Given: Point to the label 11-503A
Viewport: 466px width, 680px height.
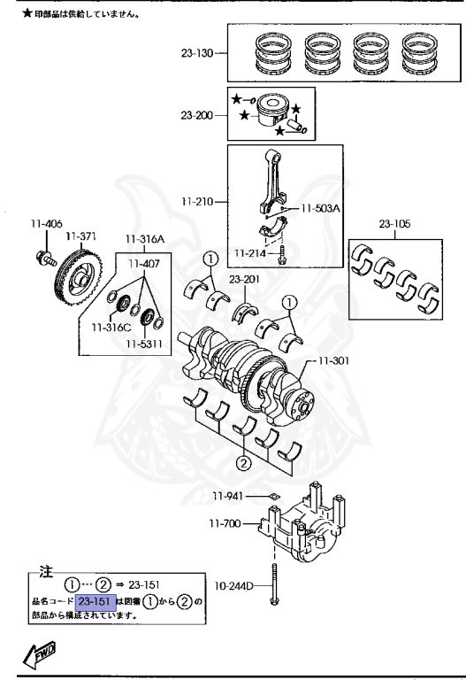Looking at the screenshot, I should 320,209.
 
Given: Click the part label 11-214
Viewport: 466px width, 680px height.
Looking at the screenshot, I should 250,253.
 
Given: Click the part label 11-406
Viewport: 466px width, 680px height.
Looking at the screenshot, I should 45,225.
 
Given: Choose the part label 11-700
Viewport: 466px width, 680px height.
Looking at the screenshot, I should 226,524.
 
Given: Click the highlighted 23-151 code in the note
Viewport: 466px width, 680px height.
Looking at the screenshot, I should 95,602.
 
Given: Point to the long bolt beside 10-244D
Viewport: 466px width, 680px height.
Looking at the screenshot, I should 275,584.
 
